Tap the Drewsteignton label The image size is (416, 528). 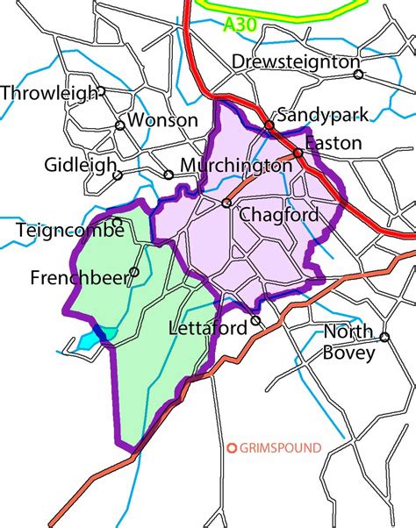(x=295, y=61)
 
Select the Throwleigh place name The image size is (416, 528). (x=47, y=92)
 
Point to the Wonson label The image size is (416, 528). (x=162, y=121)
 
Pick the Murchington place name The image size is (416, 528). (x=235, y=165)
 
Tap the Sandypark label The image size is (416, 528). (x=319, y=115)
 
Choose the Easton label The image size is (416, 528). (x=334, y=143)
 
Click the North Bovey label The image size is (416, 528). (x=349, y=342)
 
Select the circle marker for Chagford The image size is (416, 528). (x=226, y=203)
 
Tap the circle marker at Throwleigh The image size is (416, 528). (x=101, y=90)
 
